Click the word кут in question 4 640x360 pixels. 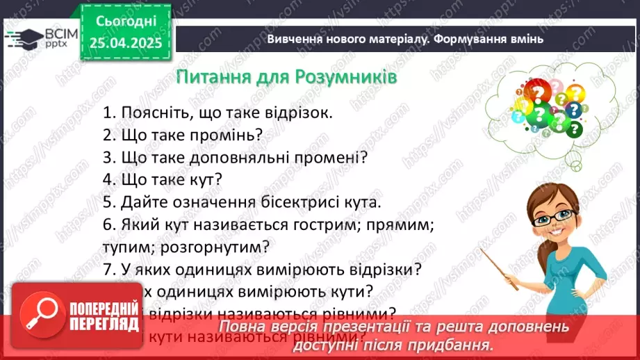click(x=206, y=180)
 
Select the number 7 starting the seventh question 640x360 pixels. click(x=106, y=269)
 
